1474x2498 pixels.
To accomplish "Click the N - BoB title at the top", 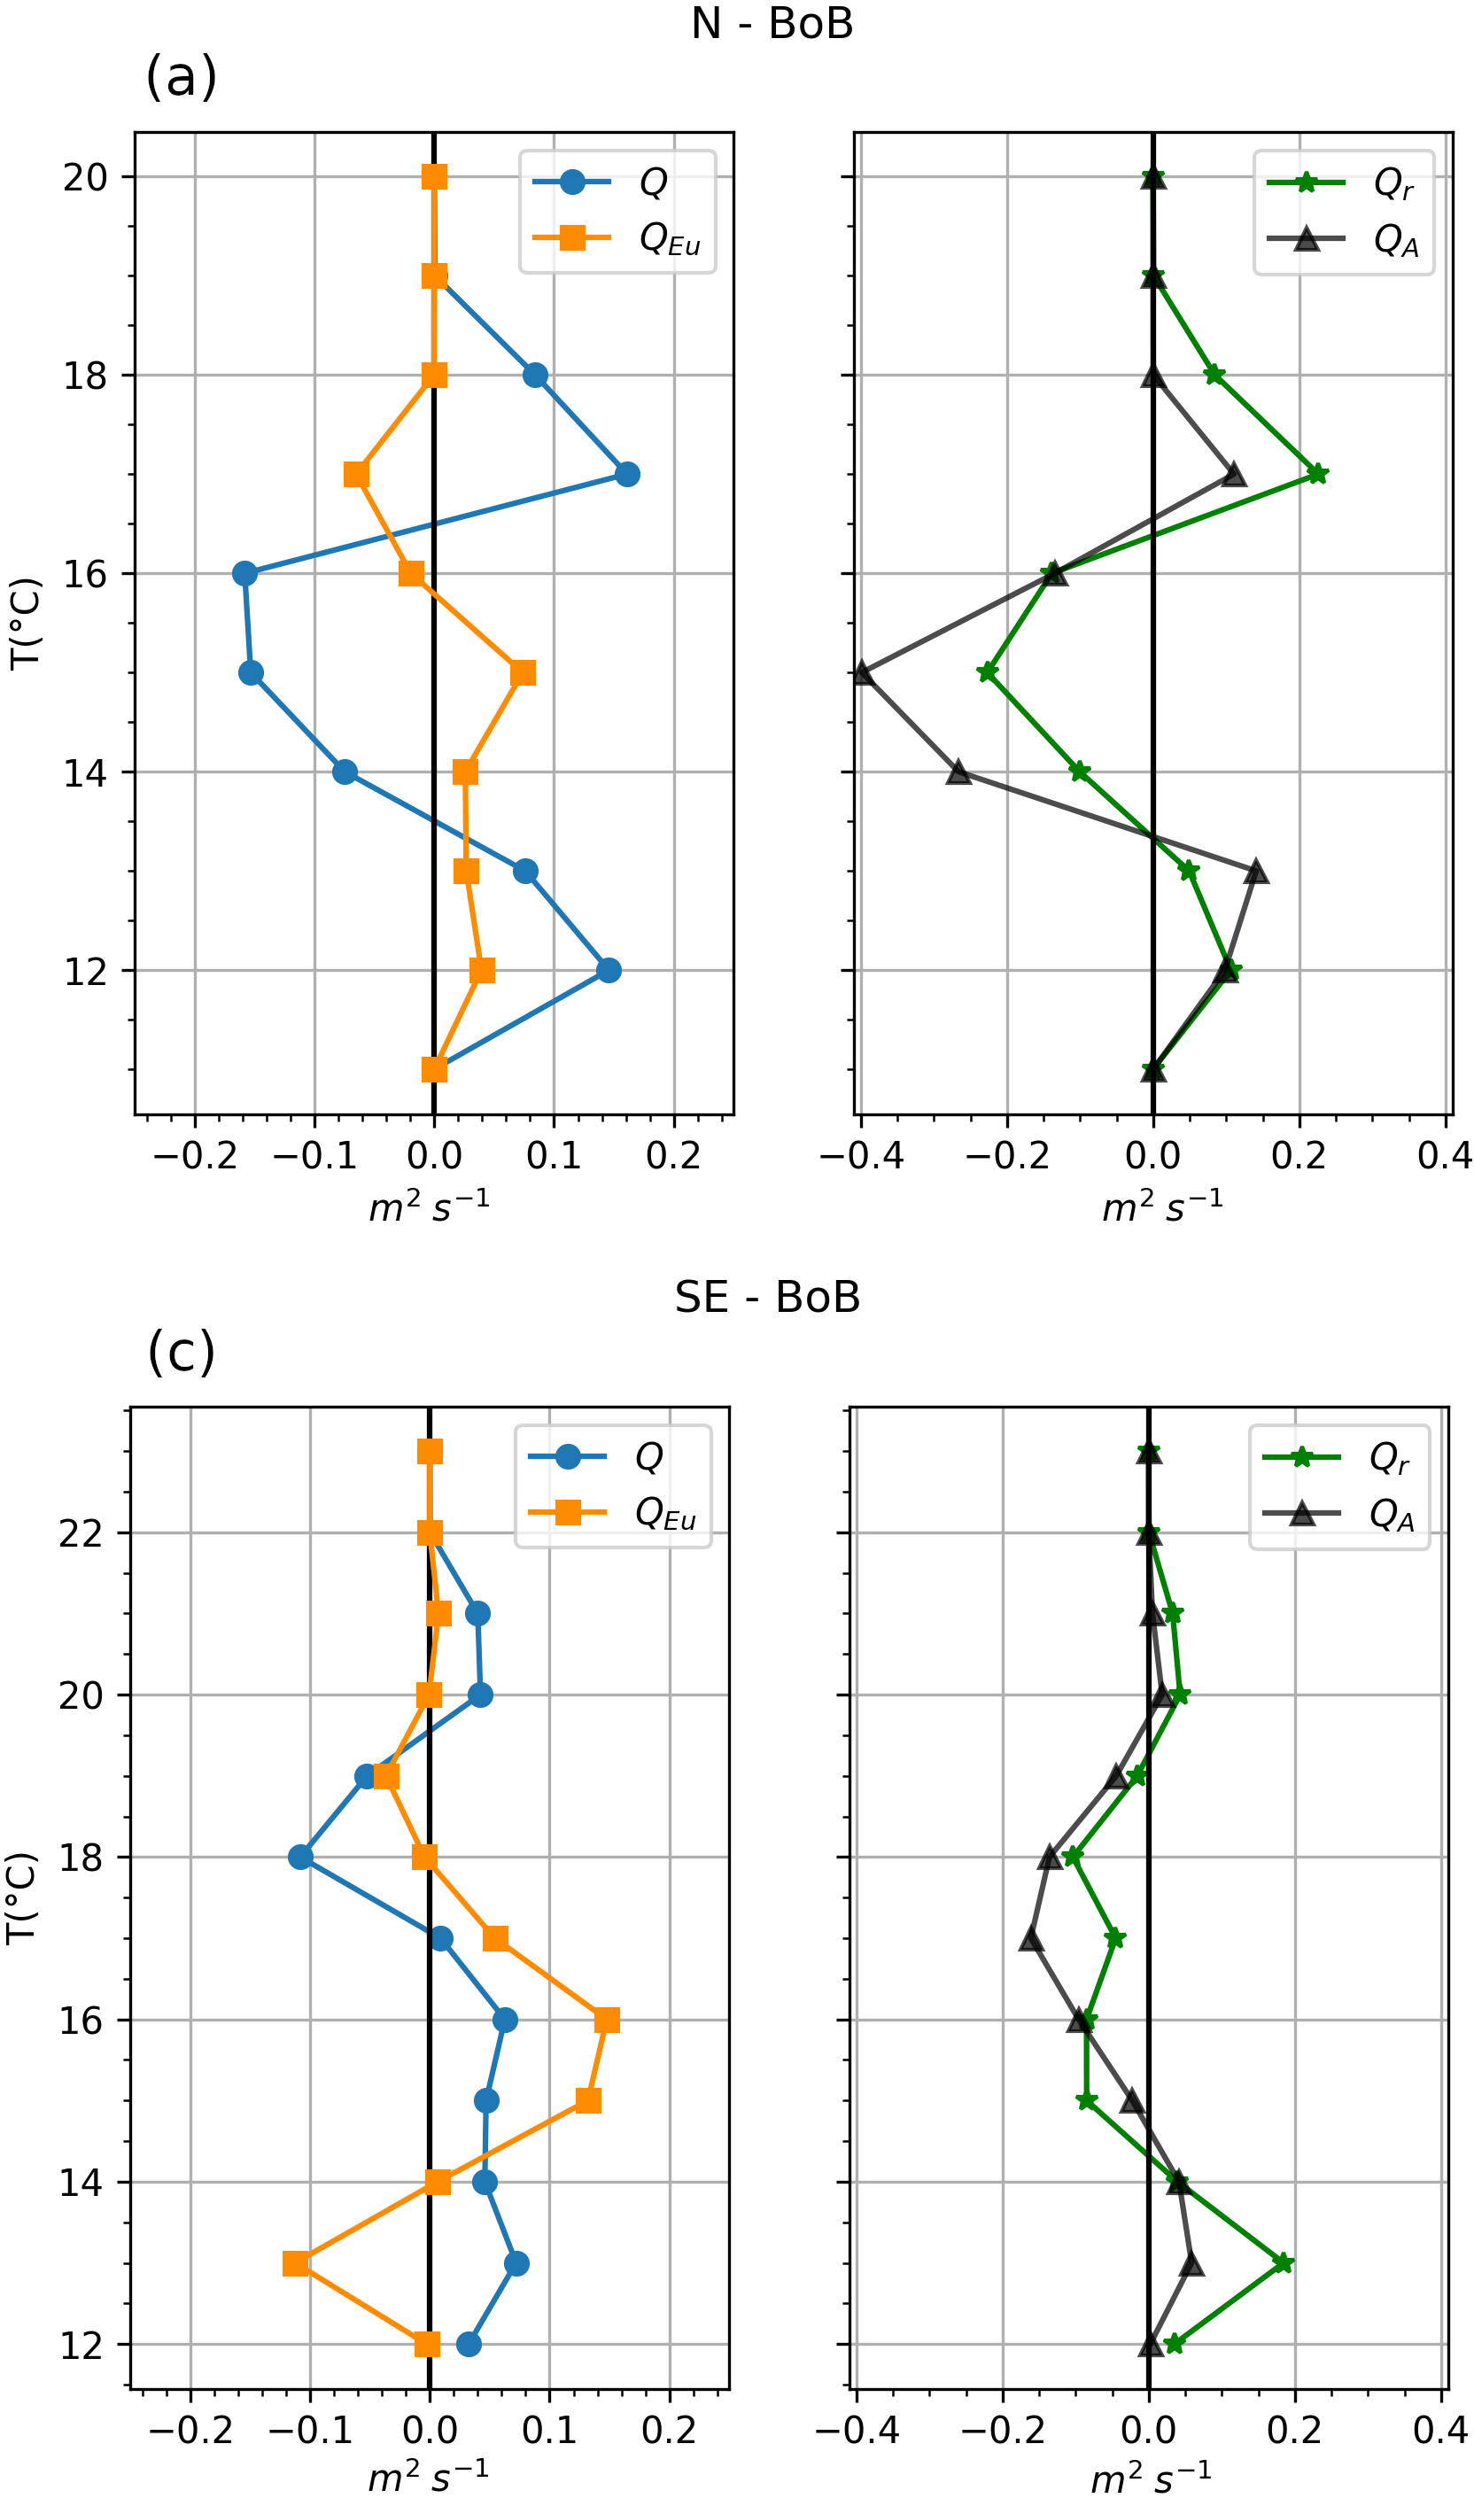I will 772,23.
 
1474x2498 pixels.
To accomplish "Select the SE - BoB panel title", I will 767,1297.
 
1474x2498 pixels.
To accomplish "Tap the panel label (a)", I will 181,77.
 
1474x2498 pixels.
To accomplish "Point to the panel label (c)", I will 181,1352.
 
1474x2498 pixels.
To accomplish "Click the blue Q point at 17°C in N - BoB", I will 627,474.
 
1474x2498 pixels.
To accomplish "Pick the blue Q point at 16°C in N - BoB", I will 244,573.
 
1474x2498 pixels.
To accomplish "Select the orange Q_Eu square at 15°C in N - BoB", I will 524,672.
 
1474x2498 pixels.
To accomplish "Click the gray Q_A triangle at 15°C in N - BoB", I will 862,672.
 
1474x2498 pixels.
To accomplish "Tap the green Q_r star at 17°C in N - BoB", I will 1317,474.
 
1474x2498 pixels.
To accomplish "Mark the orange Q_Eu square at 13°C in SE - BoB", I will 295,2263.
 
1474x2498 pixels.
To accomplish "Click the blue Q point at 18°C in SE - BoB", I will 301,1858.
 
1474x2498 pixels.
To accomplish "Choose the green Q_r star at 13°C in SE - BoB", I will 1284,2263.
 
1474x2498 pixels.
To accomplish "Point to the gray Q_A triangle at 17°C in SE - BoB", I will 1032,1939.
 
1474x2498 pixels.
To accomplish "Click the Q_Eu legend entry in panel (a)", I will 617,238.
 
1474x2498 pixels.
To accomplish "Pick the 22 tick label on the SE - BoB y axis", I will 81,1534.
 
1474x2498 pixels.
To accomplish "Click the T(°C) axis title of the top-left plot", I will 27,623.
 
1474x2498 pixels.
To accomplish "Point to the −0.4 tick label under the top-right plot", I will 860,1156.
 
